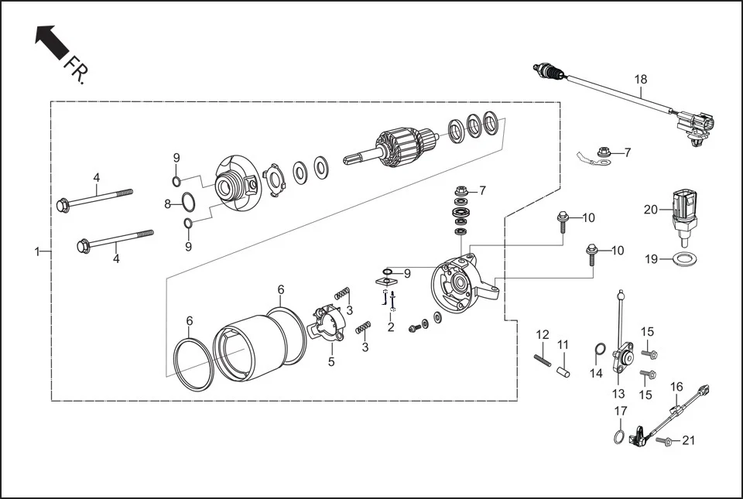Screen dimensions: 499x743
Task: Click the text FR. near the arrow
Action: coord(77,70)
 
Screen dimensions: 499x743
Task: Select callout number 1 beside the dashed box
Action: coord(36,251)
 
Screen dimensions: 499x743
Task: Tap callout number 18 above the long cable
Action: coord(640,80)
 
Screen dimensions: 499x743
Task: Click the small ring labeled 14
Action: coord(599,350)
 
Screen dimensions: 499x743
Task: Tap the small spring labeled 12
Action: coord(542,359)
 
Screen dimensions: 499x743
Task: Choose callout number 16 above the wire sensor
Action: coord(676,387)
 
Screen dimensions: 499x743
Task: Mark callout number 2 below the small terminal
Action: coord(390,327)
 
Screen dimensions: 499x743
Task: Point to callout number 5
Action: coord(330,361)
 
